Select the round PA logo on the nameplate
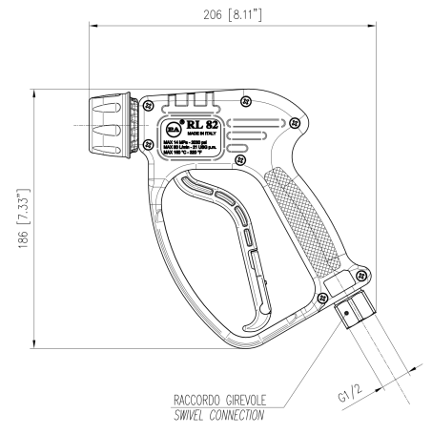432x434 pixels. coord(172,125)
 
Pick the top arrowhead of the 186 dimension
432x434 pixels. coord(34,87)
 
